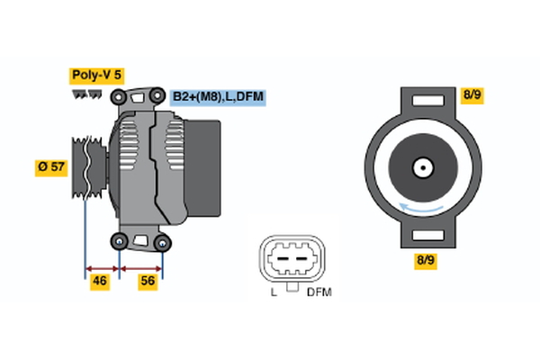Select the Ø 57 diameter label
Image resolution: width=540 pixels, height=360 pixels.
coord(52,166)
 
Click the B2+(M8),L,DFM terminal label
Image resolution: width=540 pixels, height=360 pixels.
coord(218,96)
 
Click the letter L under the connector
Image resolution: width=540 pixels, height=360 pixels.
coord(274,292)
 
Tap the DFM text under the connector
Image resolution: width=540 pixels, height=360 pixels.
coord(319,292)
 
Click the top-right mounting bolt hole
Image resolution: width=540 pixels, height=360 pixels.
coord(159,96)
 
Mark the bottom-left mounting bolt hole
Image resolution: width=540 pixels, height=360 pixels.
coord(120,241)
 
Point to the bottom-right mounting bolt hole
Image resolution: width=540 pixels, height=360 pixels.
coord(163,241)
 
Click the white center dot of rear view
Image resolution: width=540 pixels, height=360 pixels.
coord(422,166)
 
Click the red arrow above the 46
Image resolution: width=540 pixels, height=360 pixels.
coord(102,267)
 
